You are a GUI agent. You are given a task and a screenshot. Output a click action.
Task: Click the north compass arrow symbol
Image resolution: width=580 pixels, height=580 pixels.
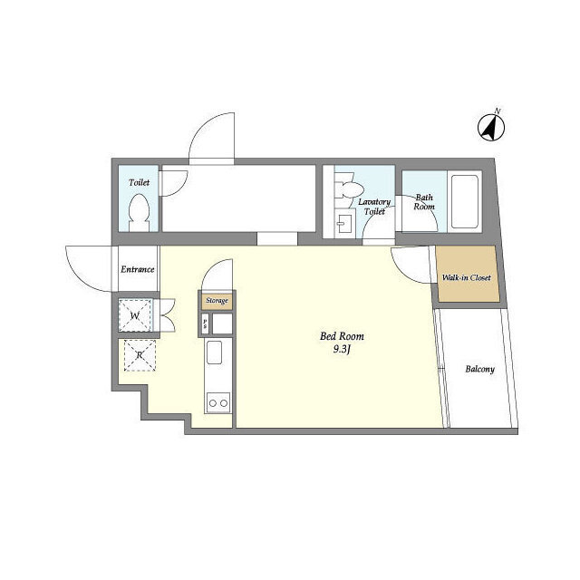pyautogui.click(x=491, y=127)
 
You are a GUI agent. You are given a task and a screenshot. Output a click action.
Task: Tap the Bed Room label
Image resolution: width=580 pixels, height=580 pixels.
pyautogui.click(x=342, y=336)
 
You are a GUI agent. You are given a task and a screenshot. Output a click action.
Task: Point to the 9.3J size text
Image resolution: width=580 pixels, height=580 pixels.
pyautogui.click(x=342, y=350)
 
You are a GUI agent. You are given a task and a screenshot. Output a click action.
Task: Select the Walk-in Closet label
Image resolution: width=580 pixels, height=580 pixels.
pyautogui.click(x=467, y=277)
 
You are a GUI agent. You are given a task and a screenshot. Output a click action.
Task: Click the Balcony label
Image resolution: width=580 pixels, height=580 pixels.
pyautogui.click(x=479, y=369)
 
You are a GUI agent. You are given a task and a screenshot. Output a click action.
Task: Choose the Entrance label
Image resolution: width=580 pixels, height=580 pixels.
pyautogui.click(x=137, y=269)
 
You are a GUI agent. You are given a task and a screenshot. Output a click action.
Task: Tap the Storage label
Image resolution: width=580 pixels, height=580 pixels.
pyautogui.click(x=217, y=300)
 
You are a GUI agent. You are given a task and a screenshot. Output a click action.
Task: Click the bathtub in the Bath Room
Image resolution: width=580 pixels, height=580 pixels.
pyautogui.click(x=465, y=202)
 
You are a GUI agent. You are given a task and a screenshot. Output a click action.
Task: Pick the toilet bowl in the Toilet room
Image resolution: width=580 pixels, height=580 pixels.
pyautogui.click(x=139, y=213)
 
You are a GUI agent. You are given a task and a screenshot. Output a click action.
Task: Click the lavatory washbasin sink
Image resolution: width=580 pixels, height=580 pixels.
pyautogui.click(x=344, y=224)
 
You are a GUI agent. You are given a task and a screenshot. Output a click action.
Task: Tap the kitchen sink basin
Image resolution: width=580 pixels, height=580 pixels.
pyautogui.click(x=214, y=353)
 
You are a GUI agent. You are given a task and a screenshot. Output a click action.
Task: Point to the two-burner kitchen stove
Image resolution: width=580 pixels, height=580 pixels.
pyautogui.click(x=218, y=401)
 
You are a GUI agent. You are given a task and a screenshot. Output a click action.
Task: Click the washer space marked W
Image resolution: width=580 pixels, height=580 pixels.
pyautogui.click(x=135, y=315)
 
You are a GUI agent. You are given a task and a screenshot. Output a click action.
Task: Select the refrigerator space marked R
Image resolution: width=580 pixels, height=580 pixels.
pyautogui.click(x=140, y=355)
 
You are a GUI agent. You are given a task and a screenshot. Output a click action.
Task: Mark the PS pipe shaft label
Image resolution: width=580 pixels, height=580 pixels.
pyautogui.click(x=205, y=324)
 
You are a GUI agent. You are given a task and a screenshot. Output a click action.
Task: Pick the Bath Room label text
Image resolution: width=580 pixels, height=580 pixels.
pyautogui.click(x=424, y=202)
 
